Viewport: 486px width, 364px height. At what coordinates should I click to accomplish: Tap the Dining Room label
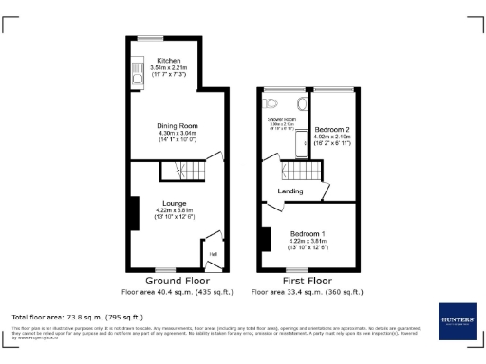tap(177, 125)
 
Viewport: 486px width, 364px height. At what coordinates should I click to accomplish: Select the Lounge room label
tap(174, 203)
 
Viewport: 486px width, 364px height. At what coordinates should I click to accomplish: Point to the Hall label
tap(213, 253)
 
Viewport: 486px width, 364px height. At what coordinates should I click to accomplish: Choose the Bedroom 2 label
tap(332, 128)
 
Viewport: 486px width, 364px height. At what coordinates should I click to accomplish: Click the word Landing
tap(290, 191)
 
